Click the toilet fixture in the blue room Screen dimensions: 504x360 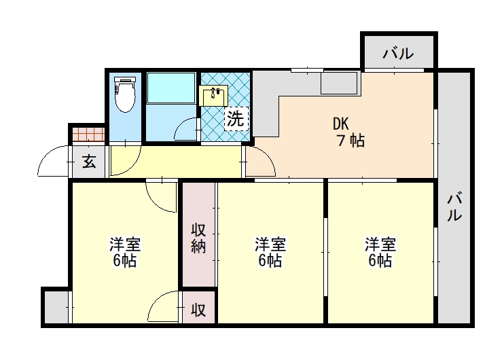125,94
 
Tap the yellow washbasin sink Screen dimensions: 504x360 213,96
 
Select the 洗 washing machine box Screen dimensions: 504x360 236,119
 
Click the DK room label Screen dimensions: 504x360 341,124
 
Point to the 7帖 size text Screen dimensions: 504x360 350,141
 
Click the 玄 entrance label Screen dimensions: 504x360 89,162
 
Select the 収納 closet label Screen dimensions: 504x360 198,238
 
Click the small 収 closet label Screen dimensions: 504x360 198,310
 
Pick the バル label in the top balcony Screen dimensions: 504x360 398,54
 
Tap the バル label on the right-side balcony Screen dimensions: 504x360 454,206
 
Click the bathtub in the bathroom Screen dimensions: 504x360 171,88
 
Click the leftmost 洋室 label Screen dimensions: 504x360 125,245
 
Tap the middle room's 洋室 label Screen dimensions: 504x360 270,245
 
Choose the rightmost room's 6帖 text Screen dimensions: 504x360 380,260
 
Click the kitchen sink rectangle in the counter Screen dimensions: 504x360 340,83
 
